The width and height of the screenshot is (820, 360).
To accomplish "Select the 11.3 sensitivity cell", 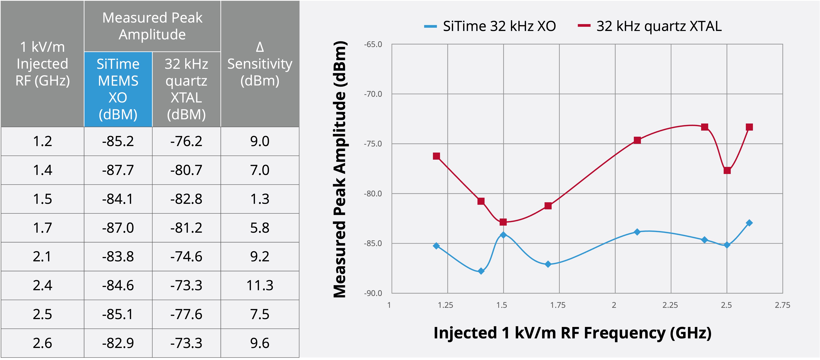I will click(x=260, y=285).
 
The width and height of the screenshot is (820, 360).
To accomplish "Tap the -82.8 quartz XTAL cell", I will click(x=186, y=199).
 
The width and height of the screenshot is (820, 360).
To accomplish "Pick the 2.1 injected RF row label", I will click(x=42, y=257).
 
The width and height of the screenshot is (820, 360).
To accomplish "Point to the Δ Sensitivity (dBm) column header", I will click(x=260, y=64).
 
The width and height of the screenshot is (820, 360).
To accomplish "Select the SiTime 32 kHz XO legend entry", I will click(x=490, y=26).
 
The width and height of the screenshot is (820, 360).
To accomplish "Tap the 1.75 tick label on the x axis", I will click(x=558, y=305).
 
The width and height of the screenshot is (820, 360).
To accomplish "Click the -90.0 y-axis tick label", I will click(x=373, y=293).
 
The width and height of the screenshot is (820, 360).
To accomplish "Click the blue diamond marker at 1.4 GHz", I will click(x=481, y=271).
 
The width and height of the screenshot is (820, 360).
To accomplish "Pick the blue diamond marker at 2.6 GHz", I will click(x=749, y=223).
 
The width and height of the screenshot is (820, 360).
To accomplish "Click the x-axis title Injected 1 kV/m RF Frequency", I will click(x=572, y=333).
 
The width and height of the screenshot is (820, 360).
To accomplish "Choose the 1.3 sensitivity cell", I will click(x=260, y=199).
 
